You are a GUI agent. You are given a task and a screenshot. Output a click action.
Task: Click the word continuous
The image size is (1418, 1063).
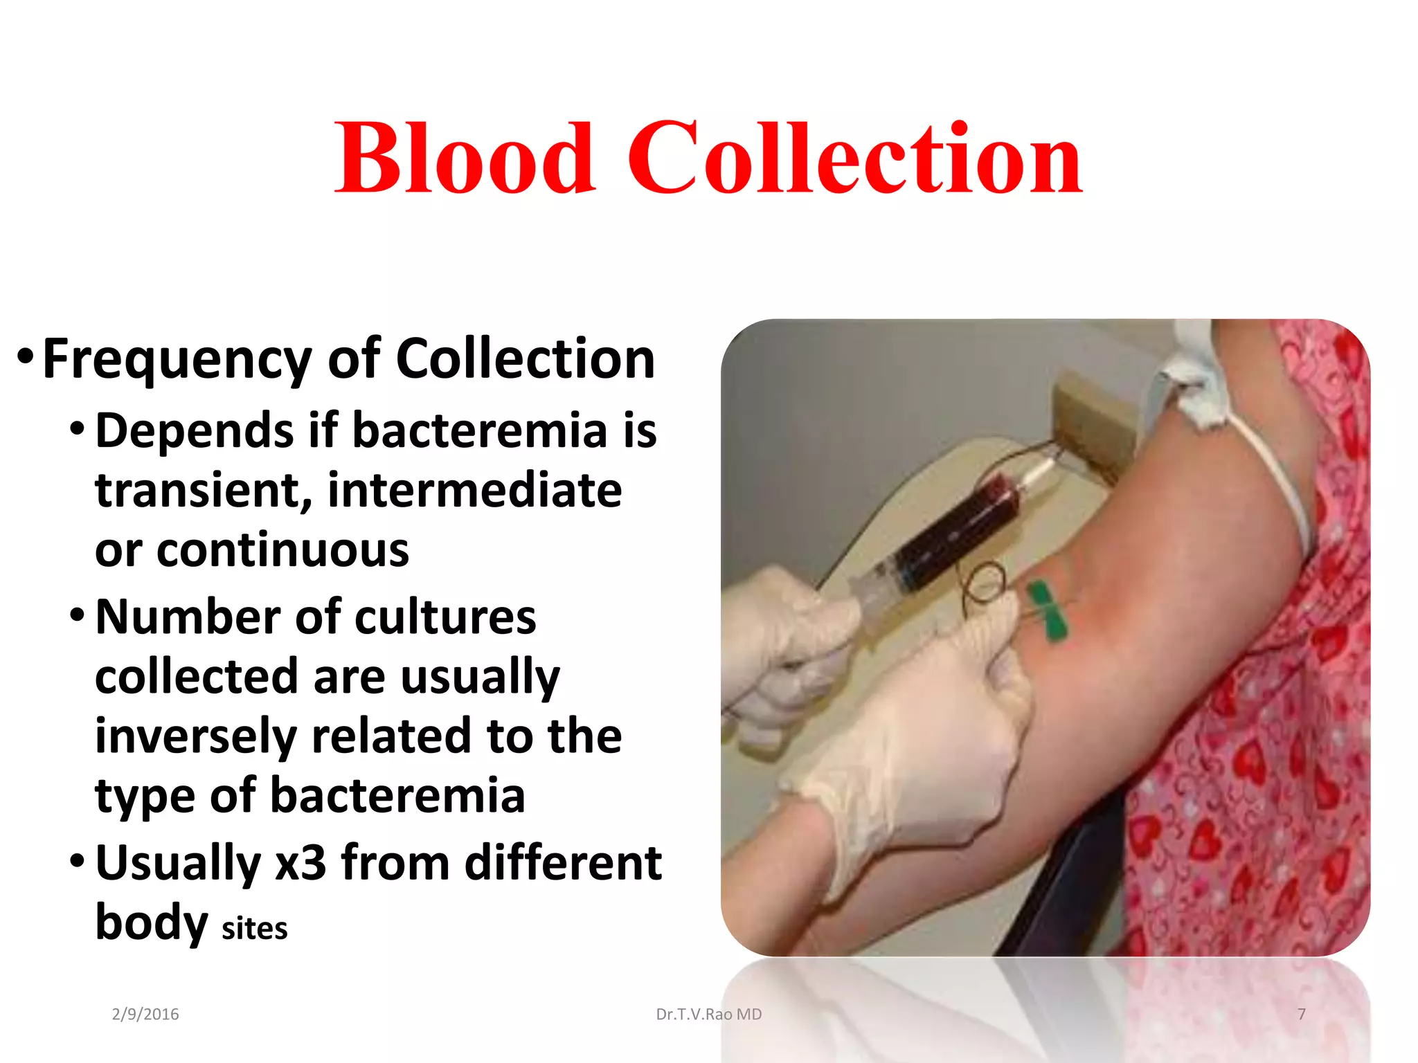tap(282, 550)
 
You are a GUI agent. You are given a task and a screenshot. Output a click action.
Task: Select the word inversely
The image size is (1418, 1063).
tap(196, 736)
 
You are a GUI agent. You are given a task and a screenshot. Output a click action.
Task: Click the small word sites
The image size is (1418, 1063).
tap(254, 928)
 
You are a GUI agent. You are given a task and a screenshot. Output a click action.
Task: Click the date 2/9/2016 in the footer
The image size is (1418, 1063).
tap(145, 1014)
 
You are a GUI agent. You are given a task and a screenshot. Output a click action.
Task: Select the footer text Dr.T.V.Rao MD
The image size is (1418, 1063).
tap(708, 1014)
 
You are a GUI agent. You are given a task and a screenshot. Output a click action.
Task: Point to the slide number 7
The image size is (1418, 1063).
tap(1302, 1014)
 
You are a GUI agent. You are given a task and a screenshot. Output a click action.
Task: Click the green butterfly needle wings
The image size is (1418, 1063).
tap(1046, 610)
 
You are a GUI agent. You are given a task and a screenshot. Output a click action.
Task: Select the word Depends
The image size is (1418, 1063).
tap(195, 430)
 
